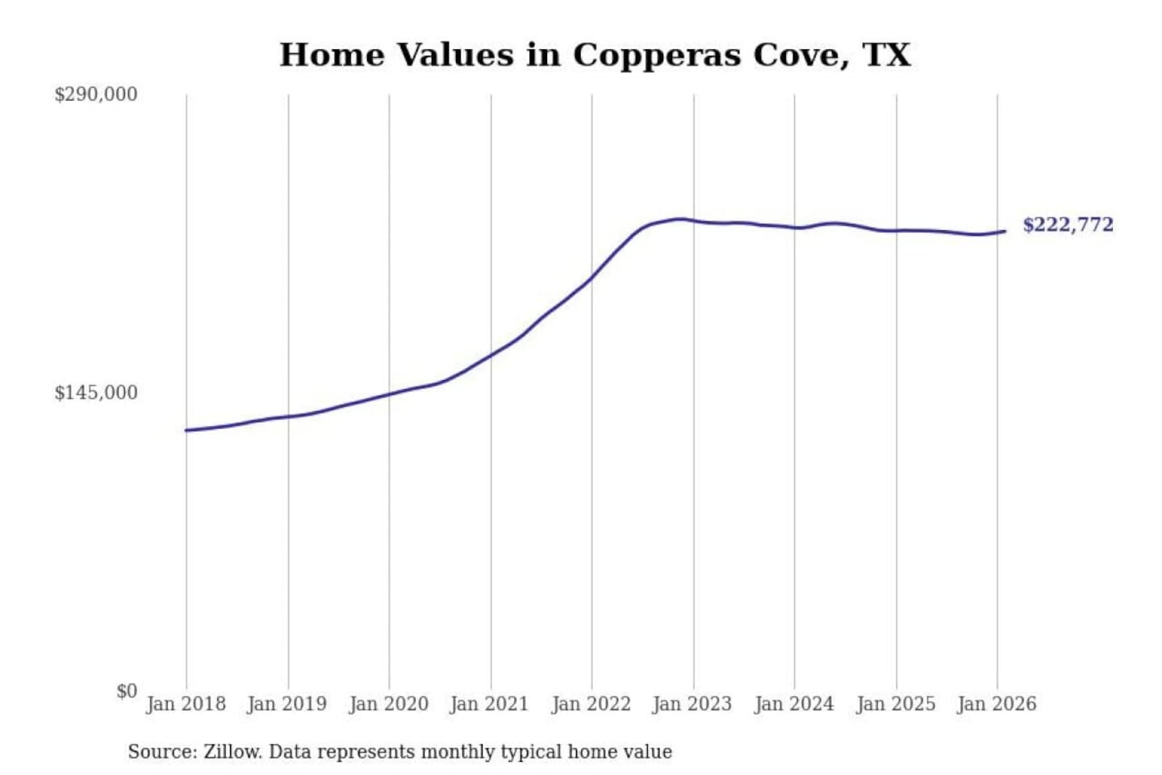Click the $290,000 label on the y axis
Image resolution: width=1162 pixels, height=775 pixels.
click(x=96, y=94)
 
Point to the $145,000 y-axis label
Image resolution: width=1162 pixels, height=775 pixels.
click(x=96, y=393)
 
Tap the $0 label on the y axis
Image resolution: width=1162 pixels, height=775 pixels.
click(x=127, y=691)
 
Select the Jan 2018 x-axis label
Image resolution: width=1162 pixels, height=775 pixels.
click(x=186, y=704)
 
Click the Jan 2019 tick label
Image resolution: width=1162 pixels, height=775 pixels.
click(x=287, y=704)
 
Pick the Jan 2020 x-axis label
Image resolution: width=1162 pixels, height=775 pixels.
click(x=388, y=704)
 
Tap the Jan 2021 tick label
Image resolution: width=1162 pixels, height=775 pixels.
click(x=489, y=704)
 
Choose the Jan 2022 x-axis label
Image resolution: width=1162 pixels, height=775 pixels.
click(x=591, y=704)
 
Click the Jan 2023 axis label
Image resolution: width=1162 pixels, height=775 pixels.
click(x=692, y=704)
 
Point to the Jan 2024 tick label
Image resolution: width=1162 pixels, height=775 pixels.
click(x=794, y=704)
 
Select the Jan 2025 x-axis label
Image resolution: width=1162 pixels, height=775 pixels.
click(x=896, y=704)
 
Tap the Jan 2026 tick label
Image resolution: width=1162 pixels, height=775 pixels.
click(x=997, y=704)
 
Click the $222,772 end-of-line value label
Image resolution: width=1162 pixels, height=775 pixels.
click(x=1068, y=224)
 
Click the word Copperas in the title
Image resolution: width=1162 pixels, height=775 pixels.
click(x=657, y=56)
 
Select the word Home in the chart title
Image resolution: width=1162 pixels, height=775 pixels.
click(x=332, y=56)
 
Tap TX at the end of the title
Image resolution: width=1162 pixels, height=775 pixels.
click(x=888, y=56)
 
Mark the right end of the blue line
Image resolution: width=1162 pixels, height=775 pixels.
click(x=1005, y=232)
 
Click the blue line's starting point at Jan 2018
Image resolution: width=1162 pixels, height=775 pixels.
click(x=186, y=430)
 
